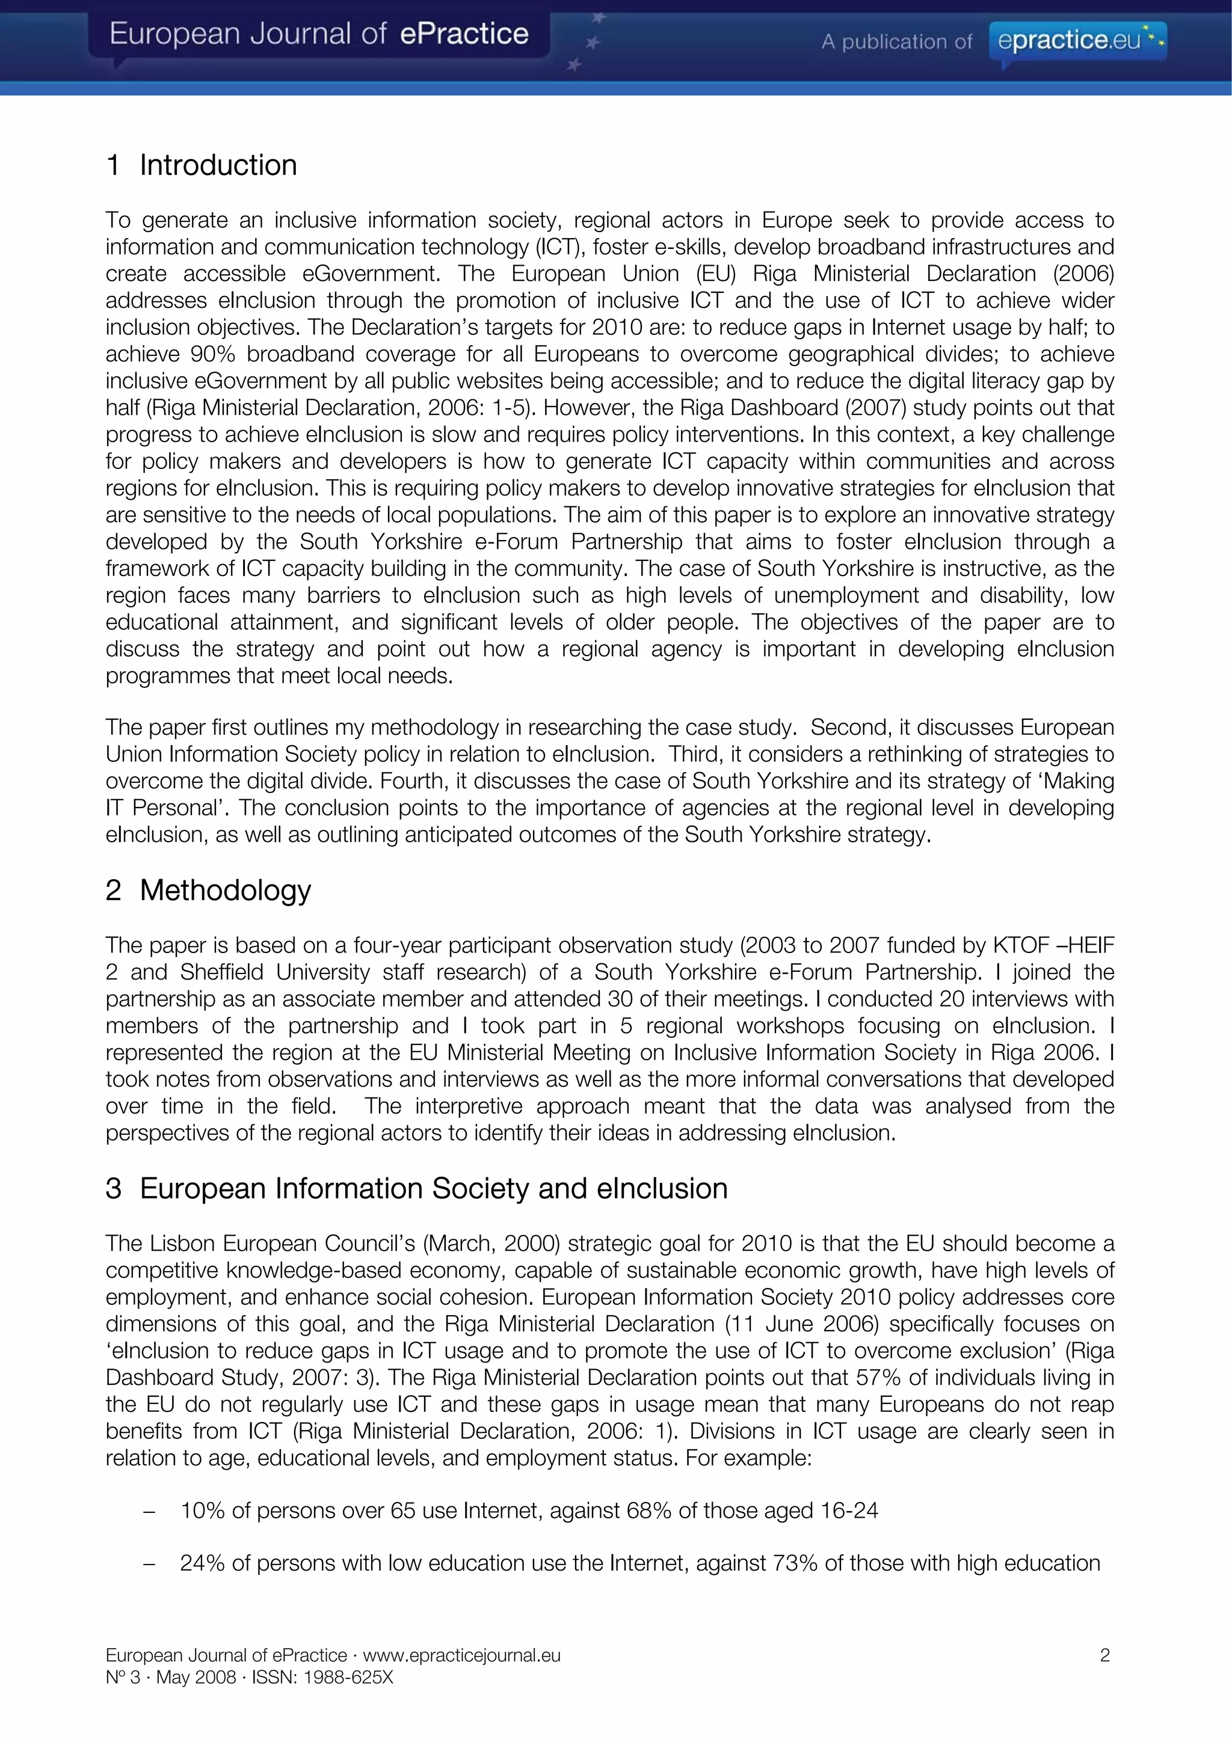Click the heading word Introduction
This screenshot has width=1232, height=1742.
click(x=218, y=165)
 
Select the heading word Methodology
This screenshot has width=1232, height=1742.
click(x=226, y=890)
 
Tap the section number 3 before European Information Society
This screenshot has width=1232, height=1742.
click(x=113, y=1188)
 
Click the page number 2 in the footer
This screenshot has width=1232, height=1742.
click(x=1104, y=1655)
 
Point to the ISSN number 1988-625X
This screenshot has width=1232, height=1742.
click(x=348, y=1676)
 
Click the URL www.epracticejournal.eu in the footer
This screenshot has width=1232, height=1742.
click(x=461, y=1655)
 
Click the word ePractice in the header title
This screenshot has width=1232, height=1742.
click(x=464, y=34)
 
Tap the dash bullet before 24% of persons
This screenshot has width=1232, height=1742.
click(x=149, y=1563)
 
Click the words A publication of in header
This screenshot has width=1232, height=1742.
click(x=896, y=41)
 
